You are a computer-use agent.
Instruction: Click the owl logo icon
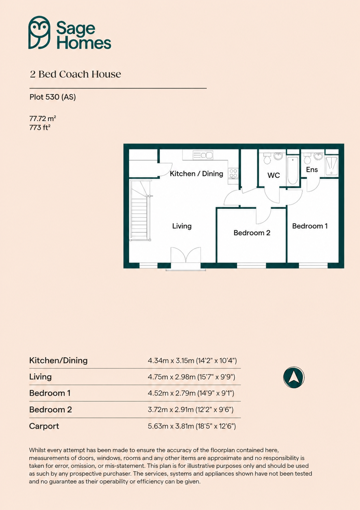tap(39, 32)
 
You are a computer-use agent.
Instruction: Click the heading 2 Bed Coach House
tap(75, 74)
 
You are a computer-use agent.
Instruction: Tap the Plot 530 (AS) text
tap(53, 97)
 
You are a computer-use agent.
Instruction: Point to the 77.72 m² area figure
tap(43, 118)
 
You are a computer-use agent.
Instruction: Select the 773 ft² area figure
tap(40, 127)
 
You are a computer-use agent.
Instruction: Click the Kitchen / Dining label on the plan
tap(196, 174)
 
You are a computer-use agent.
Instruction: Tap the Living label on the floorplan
tap(182, 226)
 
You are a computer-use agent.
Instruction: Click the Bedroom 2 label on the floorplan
tap(252, 233)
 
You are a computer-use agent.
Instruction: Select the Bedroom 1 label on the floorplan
tap(310, 226)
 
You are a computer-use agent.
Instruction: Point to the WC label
tap(274, 175)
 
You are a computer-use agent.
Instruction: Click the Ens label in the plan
tap(312, 170)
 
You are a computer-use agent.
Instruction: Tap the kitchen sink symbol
tap(203, 155)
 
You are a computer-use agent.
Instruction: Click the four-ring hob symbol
tap(233, 173)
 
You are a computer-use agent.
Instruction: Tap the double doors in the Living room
tap(186, 255)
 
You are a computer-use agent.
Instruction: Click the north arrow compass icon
tap(294, 377)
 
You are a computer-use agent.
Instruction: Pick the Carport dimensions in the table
tap(192, 426)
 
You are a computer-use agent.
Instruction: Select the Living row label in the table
tap(41, 377)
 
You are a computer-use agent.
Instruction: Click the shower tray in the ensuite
tap(332, 166)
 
